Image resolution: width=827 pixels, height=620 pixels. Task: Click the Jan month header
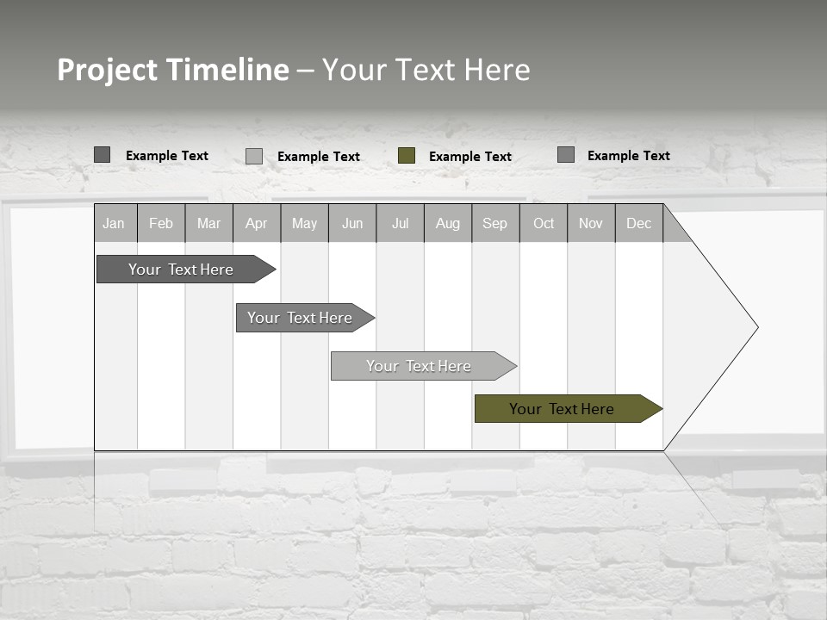[x=114, y=223]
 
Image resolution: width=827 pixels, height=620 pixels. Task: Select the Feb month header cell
[x=161, y=223]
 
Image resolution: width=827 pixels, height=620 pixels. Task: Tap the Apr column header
[x=257, y=223]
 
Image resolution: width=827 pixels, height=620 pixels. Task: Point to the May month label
[x=304, y=223]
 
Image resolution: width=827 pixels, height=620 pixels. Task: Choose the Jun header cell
[x=352, y=223]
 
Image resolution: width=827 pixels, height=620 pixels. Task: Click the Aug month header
[x=448, y=223]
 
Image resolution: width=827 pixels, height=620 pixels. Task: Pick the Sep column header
[x=495, y=223]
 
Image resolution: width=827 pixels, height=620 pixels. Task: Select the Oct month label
[x=544, y=223]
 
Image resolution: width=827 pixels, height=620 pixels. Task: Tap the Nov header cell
[x=591, y=223]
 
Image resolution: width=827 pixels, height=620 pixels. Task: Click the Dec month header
[x=639, y=223]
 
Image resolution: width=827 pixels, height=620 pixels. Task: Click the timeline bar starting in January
[x=181, y=270]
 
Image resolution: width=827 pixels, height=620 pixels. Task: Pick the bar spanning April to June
[x=302, y=318]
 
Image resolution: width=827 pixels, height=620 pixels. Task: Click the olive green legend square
[x=407, y=156]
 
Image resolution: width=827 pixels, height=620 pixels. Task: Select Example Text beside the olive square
[x=470, y=157]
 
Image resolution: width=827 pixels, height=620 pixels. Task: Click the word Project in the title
[x=108, y=70]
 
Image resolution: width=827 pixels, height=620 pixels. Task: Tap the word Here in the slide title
[x=497, y=70]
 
